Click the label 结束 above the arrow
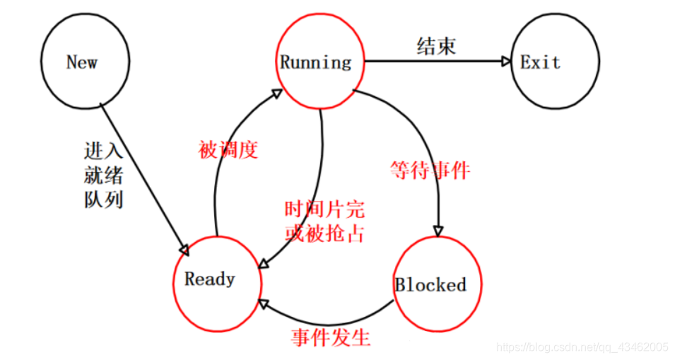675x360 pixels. (x=435, y=46)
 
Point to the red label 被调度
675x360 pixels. (x=228, y=150)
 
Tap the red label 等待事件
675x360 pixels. (x=430, y=170)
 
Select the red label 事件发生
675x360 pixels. (x=331, y=337)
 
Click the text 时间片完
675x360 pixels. (x=324, y=210)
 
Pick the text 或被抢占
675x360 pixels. (x=324, y=233)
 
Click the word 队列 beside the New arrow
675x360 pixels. (x=103, y=199)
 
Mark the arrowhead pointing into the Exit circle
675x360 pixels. (x=505, y=62)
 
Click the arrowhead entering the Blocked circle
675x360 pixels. (x=438, y=231)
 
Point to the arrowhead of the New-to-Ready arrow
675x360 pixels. (x=185, y=250)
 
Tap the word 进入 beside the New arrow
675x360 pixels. (x=103, y=151)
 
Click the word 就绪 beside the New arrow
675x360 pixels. (x=103, y=175)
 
